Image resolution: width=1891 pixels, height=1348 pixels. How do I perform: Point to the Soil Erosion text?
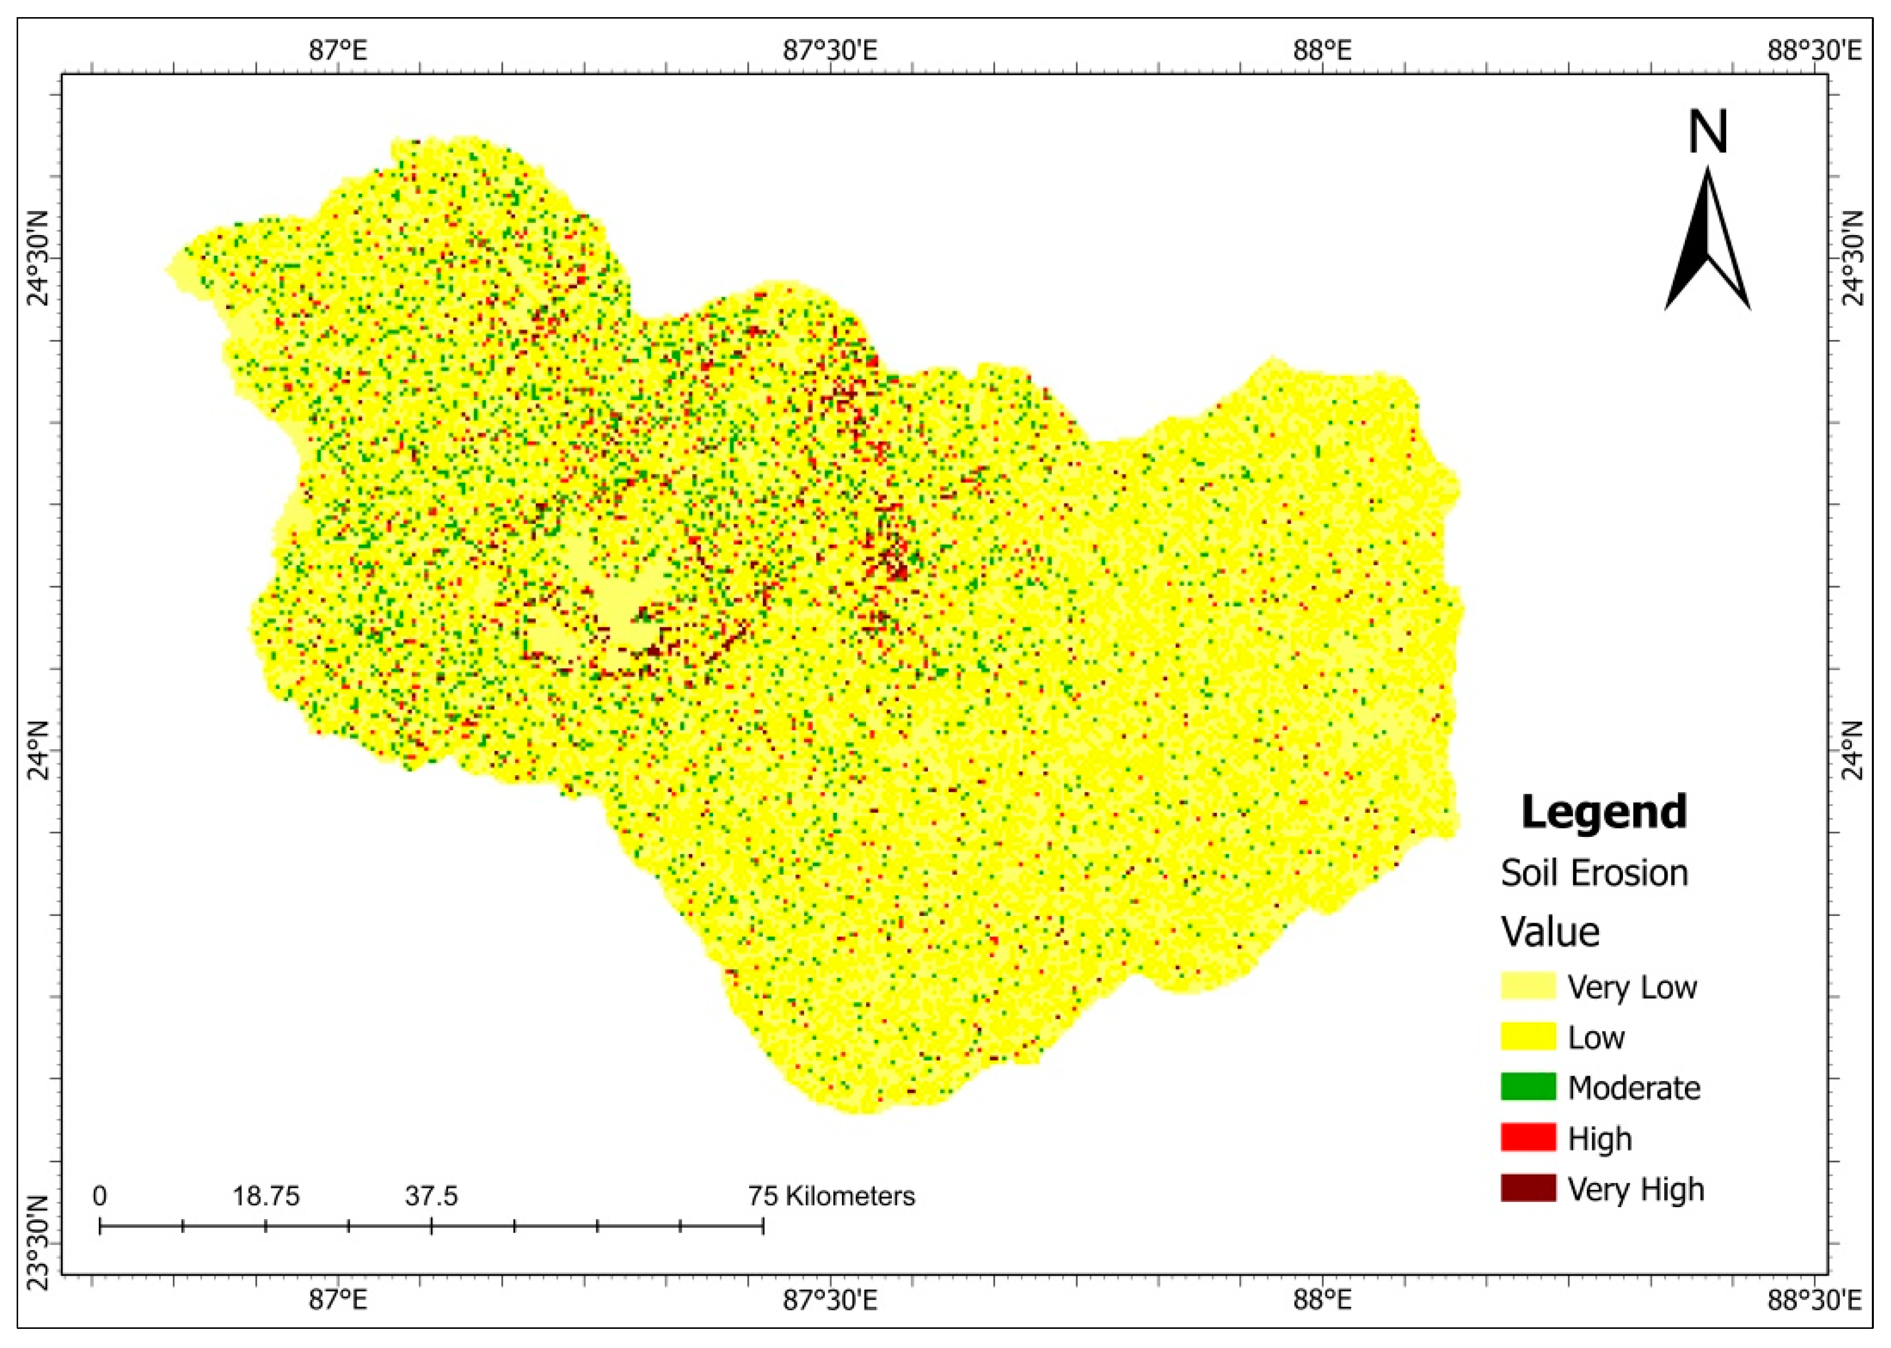[x=1594, y=873]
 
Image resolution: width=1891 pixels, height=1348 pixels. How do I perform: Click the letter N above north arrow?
[x=1708, y=133]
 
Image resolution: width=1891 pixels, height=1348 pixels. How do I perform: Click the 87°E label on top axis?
[x=338, y=51]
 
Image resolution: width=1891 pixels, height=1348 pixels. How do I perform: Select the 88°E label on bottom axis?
[x=1322, y=1299]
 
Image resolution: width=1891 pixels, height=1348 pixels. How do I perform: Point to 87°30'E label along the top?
[x=830, y=51]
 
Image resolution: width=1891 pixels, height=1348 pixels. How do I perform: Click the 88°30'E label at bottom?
[x=1814, y=1299]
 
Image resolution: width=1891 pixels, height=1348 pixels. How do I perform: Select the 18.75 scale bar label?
[x=266, y=1196]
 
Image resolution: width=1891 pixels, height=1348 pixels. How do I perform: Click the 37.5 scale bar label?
[x=431, y=1196]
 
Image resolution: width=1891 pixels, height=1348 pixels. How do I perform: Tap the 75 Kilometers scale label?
[x=830, y=1196]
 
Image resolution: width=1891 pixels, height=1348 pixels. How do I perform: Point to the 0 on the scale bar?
[x=100, y=1196]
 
